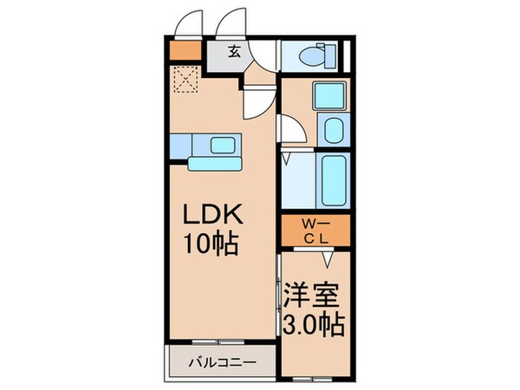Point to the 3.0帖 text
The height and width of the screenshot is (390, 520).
pyautogui.click(x=313, y=325)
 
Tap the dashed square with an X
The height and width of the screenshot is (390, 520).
pyautogui.click(x=184, y=81)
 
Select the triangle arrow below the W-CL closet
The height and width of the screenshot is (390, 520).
pyautogui.click(x=328, y=259)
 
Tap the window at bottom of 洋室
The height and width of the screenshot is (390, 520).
pyautogui.click(x=313, y=378)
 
